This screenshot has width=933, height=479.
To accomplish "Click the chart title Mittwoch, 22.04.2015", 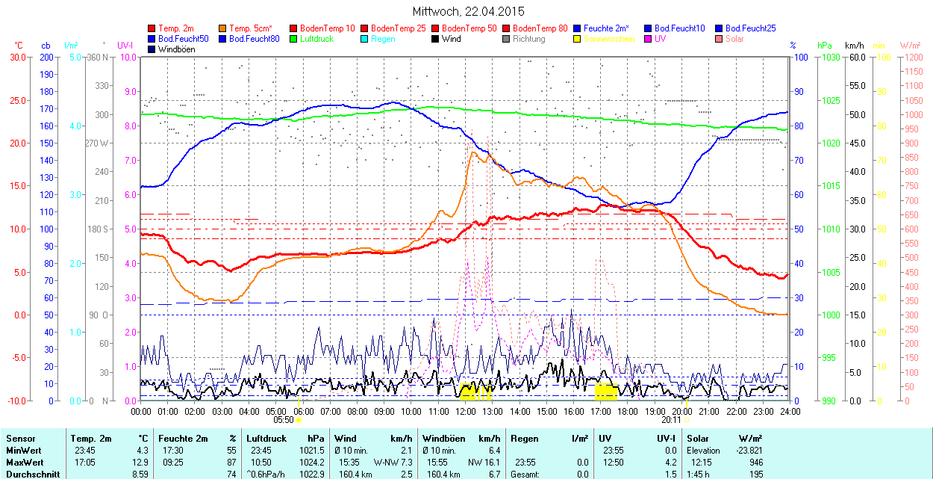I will (x=468, y=11).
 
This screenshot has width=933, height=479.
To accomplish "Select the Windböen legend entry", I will (x=176, y=49).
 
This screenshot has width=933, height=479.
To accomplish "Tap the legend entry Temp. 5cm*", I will (x=250, y=28).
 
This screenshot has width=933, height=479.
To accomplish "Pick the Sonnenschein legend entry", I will (x=609, y=39).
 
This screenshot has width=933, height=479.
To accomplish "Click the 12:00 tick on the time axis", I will (x=466, y=411).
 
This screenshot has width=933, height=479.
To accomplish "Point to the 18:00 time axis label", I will (x=628, y=411).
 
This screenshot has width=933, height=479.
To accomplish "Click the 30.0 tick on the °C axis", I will (x=17, y=57).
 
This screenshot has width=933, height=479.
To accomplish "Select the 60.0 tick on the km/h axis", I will (x=855, y=57).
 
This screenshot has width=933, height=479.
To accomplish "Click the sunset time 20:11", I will (x=670, y=419).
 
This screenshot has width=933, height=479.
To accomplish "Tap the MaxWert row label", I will (x=24, y=462).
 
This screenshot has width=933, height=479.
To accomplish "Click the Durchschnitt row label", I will (x=29, y=474).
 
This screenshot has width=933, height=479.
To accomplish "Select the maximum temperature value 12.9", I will (x=140, y=462).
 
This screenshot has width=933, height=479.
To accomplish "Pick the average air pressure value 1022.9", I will (x=315, y=474).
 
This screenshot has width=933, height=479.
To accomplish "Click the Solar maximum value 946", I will (x=756, y=462).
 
